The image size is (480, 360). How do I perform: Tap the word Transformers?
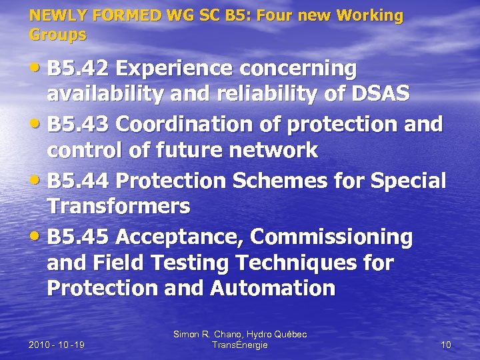coord(118,206)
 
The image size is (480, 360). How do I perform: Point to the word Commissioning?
coord(331,237)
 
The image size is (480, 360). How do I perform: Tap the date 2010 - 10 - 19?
coord(57,345)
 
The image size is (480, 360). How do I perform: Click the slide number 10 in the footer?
coord(446,345)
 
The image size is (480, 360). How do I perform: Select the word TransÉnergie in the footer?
coord(239,345)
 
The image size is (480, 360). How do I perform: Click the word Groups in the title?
coord(58,34)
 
